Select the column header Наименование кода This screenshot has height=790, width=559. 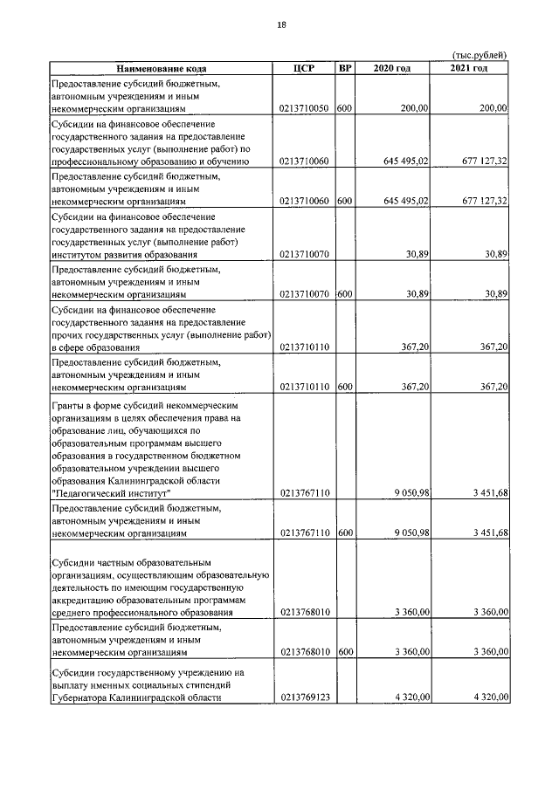click(159, 67)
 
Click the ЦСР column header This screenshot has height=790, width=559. click(304, 67)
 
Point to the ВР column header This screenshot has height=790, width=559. click(345, 67)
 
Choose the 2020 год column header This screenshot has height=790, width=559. click(391, 67)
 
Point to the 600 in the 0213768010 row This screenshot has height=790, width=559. click(344, 651)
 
